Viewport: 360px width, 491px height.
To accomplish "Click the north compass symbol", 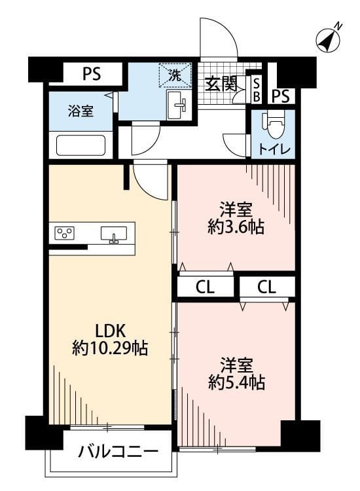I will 329,39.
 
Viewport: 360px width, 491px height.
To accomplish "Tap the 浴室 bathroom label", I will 81,111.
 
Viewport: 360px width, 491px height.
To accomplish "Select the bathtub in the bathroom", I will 81,145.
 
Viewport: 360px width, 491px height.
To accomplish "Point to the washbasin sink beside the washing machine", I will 177,103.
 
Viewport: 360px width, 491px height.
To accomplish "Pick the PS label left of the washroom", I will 92,74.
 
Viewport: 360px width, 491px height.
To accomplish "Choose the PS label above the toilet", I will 281,96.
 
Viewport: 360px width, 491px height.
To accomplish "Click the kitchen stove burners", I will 65,233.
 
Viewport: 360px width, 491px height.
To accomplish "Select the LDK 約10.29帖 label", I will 109,338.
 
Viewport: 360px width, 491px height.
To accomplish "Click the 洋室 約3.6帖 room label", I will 236,219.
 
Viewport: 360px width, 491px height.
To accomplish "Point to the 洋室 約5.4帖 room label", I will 236,374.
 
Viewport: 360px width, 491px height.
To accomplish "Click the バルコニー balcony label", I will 118,452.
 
